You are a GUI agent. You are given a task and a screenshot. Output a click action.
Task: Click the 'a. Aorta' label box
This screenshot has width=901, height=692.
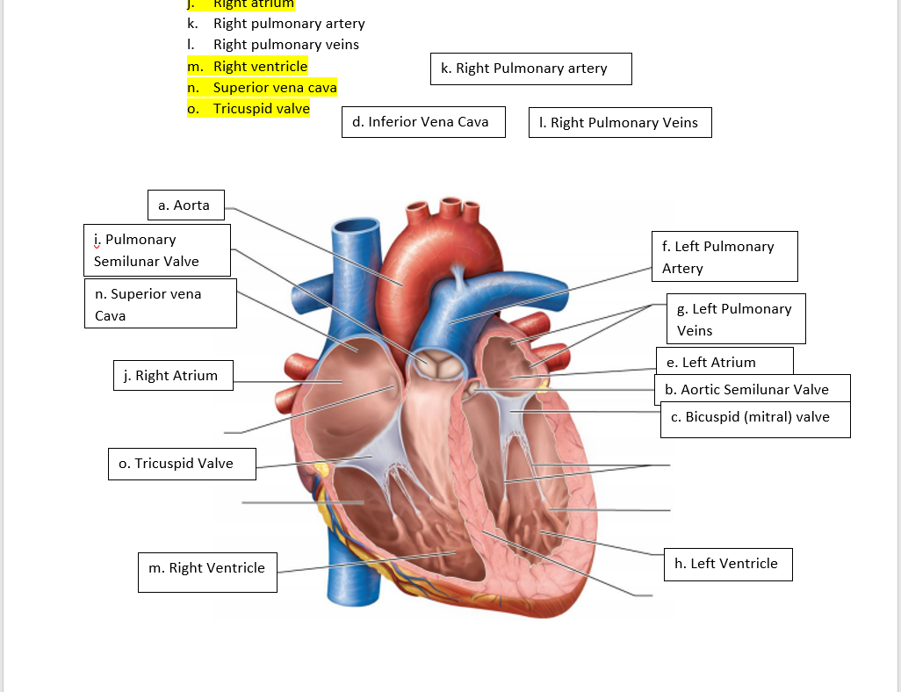185,205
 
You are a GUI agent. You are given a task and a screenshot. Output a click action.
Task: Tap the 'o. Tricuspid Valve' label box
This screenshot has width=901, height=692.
183,464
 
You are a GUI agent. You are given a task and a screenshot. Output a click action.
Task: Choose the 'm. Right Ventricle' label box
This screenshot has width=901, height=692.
207,572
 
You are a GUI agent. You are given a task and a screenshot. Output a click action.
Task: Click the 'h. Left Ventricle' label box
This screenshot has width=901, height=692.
726,564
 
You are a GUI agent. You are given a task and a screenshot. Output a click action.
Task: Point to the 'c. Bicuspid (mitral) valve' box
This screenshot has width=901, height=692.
754,418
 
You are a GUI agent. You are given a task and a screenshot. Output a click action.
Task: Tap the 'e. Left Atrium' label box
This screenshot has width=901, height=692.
724,361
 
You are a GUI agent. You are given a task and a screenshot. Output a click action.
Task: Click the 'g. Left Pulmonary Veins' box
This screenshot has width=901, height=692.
735,319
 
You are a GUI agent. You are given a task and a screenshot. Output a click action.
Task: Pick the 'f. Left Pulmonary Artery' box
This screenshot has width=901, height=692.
724,256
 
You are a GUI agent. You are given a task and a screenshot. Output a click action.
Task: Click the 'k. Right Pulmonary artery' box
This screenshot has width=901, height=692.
530,68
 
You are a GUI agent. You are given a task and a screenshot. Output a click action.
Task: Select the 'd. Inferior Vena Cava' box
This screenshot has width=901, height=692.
422,122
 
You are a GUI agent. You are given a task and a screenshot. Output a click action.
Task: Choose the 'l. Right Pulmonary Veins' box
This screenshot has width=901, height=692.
620,123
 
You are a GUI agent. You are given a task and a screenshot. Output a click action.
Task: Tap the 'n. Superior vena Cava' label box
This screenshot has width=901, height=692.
161,304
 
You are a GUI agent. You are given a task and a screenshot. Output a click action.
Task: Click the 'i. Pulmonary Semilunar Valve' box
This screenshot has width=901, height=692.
157,250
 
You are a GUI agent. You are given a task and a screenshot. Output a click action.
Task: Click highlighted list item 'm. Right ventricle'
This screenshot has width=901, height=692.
249,67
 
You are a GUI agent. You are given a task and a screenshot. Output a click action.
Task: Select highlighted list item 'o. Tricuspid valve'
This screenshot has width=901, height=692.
249,109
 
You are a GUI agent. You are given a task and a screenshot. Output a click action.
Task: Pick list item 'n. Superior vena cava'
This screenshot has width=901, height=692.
263,88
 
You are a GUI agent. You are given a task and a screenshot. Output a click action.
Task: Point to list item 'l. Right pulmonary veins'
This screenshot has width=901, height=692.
274,45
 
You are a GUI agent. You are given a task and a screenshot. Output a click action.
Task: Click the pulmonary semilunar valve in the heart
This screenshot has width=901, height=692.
436,365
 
